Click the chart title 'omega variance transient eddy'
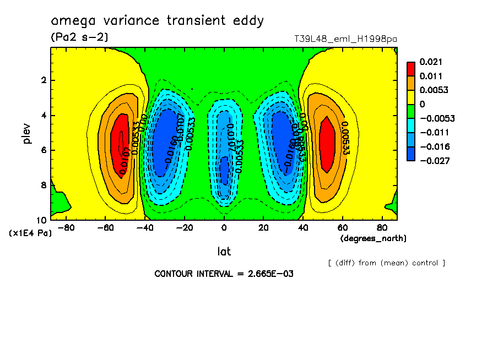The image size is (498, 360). (157, 21)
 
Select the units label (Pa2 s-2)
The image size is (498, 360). (79, 37)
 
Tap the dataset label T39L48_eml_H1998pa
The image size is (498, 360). (346, 39)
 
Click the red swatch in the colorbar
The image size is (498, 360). (411, 69)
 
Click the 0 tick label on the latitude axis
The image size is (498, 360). (224, 227)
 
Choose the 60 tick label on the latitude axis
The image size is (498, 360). (342, 227)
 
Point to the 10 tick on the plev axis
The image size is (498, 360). (42, 220)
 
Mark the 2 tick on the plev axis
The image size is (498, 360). (43, 80)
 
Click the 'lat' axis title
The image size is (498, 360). (224, 252)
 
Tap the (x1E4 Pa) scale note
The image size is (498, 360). (30, 233)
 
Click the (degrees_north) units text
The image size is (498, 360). (373, 238)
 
